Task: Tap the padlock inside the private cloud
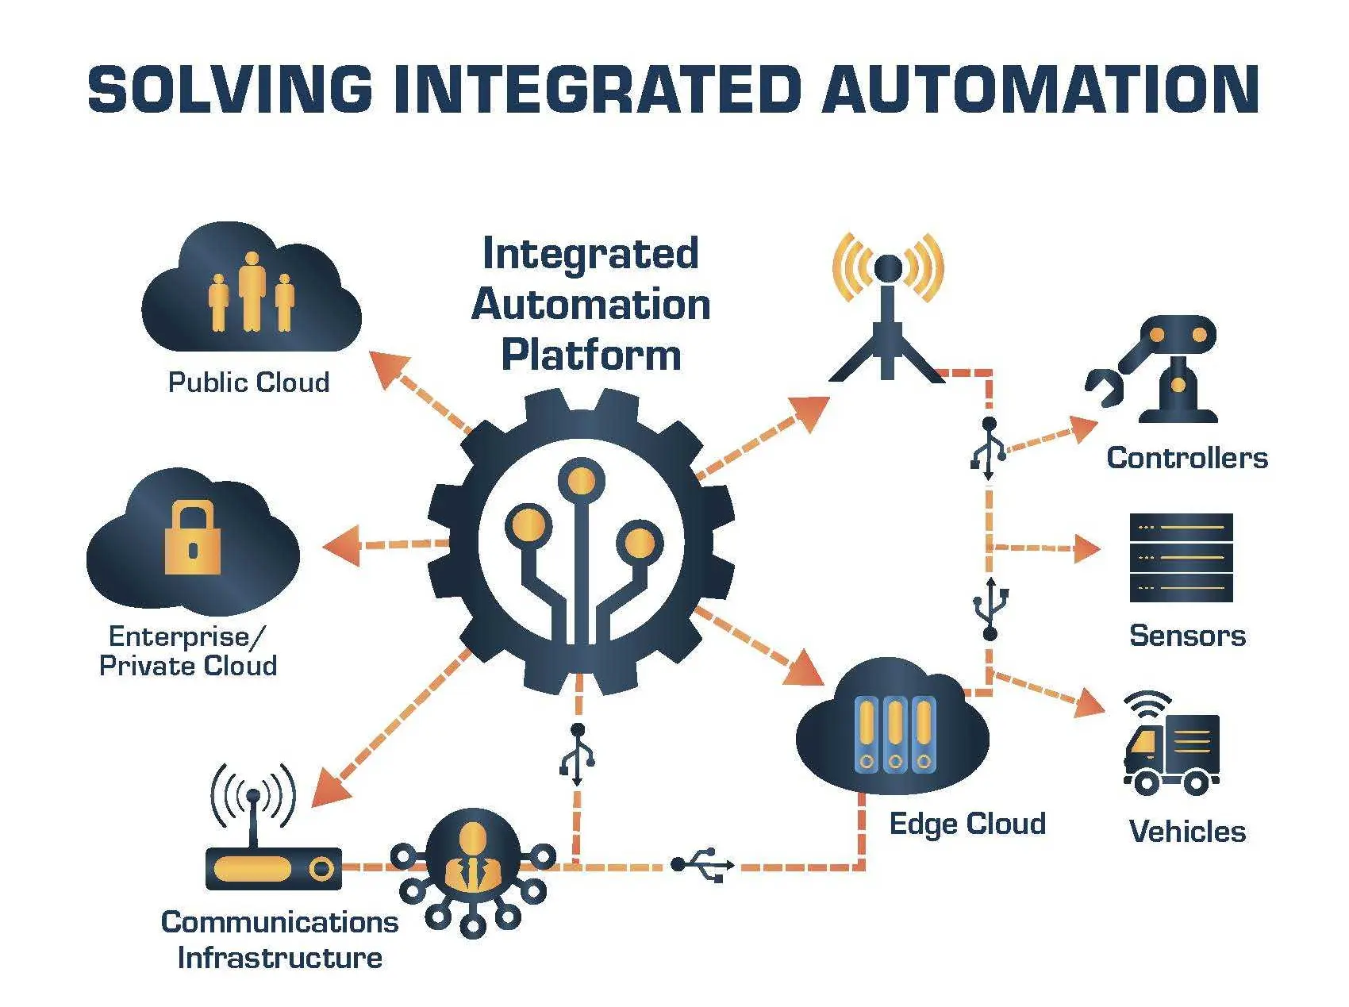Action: pos(192,537)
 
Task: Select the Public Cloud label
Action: pos(248,382)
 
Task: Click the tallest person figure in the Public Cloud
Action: pos(252,290)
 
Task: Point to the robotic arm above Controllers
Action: pos(1155,369)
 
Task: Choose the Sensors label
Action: pos(1187,636)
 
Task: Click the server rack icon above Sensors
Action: pos(1182,558)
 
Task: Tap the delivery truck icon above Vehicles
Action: pos(1171,744)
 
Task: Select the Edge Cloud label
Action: pos(967,824)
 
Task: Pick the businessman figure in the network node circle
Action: pos(473,857)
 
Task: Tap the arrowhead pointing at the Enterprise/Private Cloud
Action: pos(341,546)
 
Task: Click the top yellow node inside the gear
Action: pos(582,481)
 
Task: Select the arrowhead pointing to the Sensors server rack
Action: pos(1087,548)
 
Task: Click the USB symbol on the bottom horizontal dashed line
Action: pos(703,865)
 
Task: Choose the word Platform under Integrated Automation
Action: pos(591,356)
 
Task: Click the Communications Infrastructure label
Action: pos(279,940)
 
